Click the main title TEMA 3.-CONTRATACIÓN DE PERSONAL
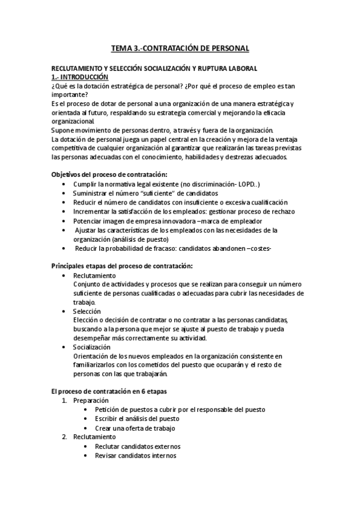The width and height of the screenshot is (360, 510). click(x=180, y=48)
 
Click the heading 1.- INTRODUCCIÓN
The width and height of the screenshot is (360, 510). click(x=80, y=78)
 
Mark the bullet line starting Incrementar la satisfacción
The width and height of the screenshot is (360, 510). click(x=180, y=211)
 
